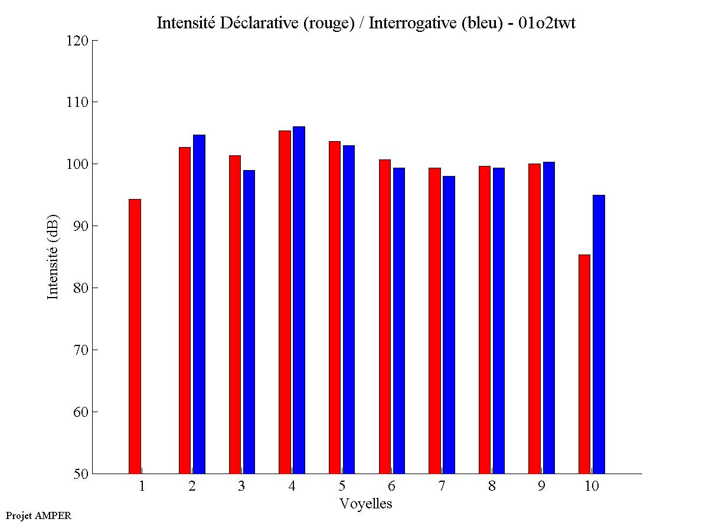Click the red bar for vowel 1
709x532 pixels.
135,337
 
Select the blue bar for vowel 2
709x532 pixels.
199,304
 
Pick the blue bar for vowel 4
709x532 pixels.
299,300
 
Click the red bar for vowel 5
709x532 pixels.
334,308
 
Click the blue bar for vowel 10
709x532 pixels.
599,334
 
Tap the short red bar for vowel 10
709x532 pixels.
584,364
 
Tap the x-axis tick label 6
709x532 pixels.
391,487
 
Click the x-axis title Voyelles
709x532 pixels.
366,504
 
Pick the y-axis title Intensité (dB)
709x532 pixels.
53,257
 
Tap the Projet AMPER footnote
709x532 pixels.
38,515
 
